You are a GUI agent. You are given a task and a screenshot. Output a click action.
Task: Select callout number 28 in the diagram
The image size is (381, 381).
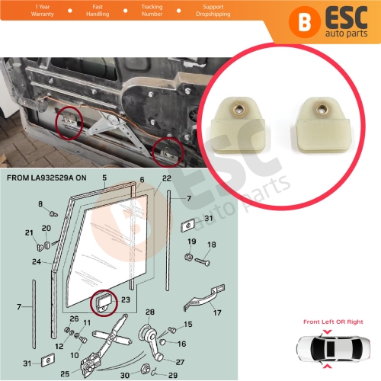pyautogui.click(x=150, y=312)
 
